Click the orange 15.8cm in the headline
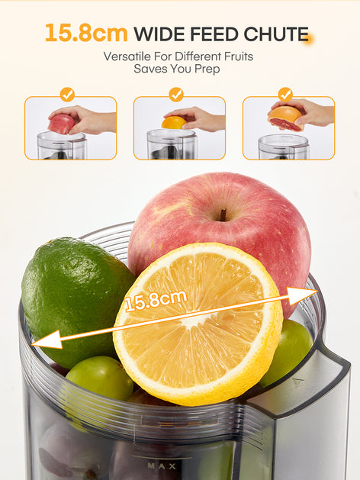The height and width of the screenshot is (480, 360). click(x=85, y=34)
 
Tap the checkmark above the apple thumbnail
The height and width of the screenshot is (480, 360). click(x=67, y=94)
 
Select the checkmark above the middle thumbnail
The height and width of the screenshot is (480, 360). click(x=176, y=94)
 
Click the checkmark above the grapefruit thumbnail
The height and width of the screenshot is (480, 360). click(x=285, y=94)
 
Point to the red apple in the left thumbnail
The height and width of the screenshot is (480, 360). click(x=61, y=123)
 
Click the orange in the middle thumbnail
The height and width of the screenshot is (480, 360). click(x=174, y=122)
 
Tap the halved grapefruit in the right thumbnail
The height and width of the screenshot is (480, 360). click(x=284, y=118)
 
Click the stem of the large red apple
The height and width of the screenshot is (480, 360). click(x=223, y=214)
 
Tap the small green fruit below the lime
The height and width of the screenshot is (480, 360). click(x=99, y=378)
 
